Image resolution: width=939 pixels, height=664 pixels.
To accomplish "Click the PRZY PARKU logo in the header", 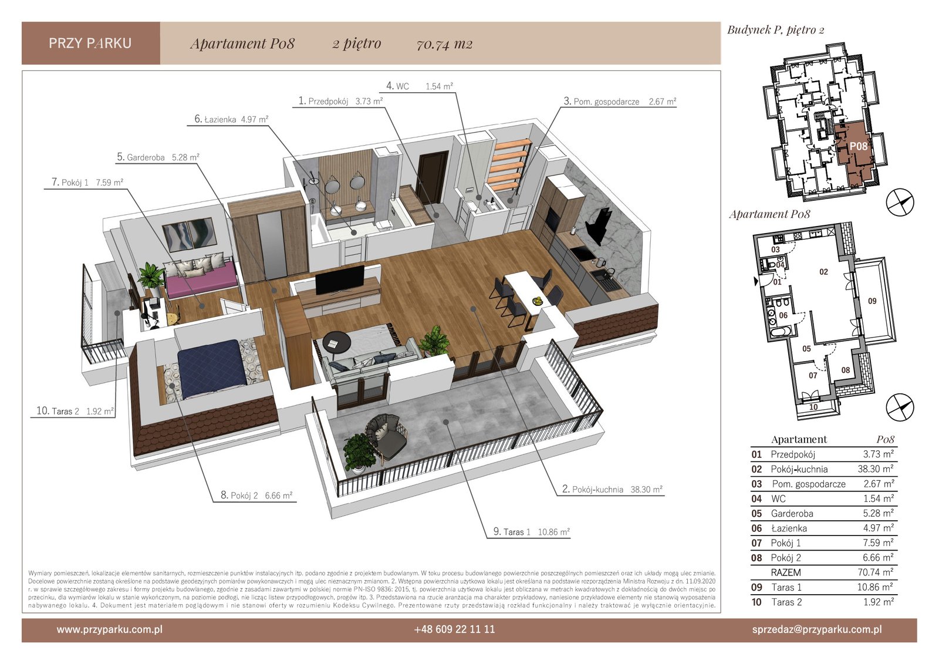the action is coord(90,43).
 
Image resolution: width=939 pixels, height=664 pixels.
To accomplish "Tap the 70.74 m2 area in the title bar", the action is coord(444,44).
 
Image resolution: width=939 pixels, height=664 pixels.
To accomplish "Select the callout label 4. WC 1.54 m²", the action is coord(420,86).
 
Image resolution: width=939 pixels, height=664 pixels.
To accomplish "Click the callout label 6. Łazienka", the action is coord(231,119).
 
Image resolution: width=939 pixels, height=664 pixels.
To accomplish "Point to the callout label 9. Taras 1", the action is coord(531,532).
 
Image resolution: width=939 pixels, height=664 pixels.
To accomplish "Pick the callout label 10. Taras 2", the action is coord(75,411).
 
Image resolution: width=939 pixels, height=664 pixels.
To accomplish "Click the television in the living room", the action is coord(340,280).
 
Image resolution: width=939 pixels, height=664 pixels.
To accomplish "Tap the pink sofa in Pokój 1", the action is coord(200,276).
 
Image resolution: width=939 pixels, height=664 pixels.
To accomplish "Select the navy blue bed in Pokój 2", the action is coord(212,368).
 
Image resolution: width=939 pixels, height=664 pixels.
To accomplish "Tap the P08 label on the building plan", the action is coord(858,146).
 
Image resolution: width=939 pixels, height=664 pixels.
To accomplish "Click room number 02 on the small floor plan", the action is coord(824,272).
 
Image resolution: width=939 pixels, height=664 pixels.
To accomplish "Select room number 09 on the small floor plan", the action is coord(872,301).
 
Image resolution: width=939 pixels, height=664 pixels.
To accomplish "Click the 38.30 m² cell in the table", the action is coord(876,469).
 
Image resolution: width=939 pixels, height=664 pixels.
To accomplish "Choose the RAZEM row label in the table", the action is coord(786,572).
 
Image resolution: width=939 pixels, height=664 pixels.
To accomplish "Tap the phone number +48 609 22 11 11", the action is coord(454,629).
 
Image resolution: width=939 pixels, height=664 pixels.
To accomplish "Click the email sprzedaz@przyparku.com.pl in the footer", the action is coord(816,629).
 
